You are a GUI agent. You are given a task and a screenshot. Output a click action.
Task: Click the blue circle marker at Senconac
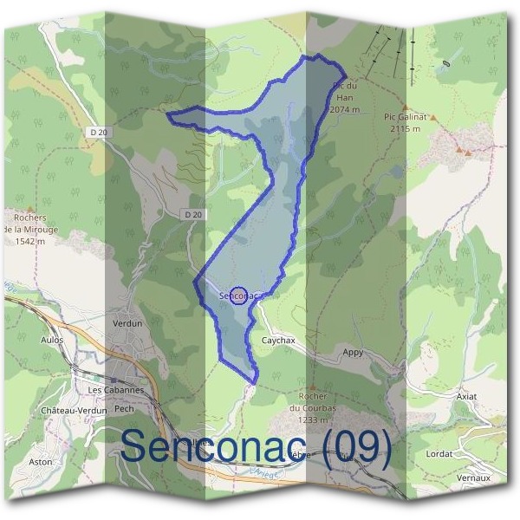(x=240, y=296)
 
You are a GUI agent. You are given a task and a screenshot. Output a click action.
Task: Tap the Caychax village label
(x=279, y=341)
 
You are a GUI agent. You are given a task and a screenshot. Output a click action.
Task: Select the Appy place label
(x=353, y=353)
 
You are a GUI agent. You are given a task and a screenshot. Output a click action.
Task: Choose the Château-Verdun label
(x=74, y=410)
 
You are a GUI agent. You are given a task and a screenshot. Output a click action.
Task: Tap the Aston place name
(x=41, y=462)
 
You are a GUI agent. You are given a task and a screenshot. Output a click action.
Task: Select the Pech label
(x=124, y=407)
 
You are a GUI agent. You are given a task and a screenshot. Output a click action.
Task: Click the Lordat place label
(x=440, y=453)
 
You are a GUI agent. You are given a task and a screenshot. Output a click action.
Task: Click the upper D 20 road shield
(x=99, y=132)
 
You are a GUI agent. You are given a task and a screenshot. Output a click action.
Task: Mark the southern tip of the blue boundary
(x=252, y=382)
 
